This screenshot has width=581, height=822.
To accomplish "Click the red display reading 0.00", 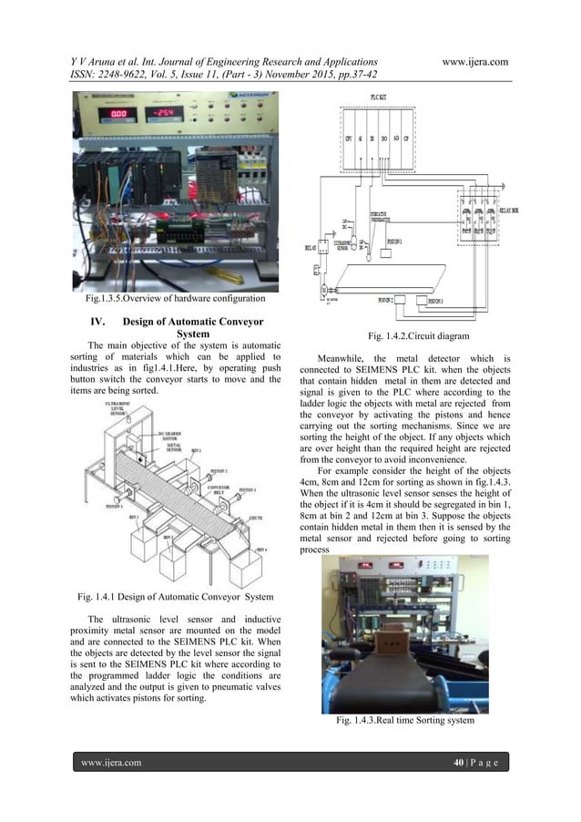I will coord(121,115).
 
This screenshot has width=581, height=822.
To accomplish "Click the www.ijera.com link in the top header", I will coord(474,60).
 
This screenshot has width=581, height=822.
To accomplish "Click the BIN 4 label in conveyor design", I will coord(261,550).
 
